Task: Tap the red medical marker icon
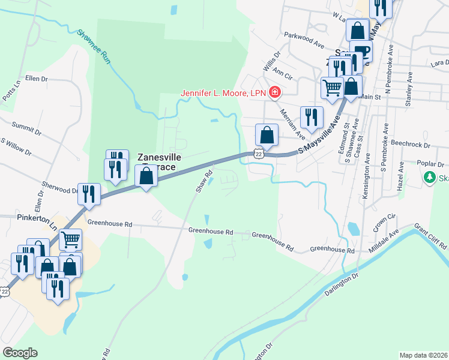tap(274, 92)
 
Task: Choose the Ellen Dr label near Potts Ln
tap(36, 79)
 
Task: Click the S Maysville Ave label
tap(320, 142)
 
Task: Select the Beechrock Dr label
tap(411, 145)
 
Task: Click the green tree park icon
tap(429, 178)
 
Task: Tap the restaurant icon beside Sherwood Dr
tap(89, 193)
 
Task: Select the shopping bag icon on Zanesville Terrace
tap(146, 176)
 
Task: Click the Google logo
tap(20, 352)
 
